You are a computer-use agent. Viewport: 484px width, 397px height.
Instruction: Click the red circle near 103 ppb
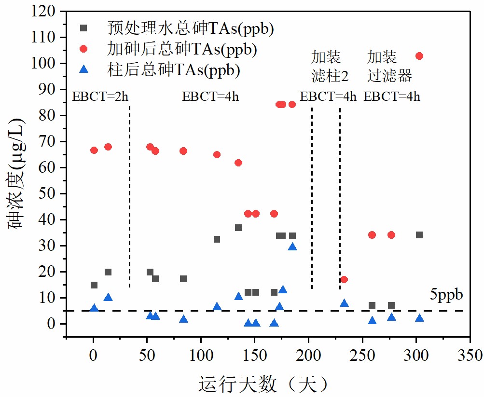coord(419,56)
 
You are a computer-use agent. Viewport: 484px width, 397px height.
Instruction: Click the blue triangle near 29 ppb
coord(292,247)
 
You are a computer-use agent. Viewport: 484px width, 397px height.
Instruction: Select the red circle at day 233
coord(344,280)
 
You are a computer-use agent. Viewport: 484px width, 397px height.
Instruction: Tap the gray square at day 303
coord(419,235)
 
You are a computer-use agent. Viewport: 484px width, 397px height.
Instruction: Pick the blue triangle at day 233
coord(344,303)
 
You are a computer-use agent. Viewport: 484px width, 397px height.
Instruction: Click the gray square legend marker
coord(83,28)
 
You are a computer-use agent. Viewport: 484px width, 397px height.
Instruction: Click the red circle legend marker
coord(83,49)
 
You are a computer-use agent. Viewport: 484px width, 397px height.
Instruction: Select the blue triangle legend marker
coord(83,70)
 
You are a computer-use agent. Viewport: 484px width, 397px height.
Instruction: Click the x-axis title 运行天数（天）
coord(264,384)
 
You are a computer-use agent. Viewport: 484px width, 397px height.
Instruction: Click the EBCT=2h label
coord(100,96)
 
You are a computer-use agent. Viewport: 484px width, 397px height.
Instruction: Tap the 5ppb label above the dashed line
coord(446,295)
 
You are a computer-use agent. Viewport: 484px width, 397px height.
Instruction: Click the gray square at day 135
coord(238,228)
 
